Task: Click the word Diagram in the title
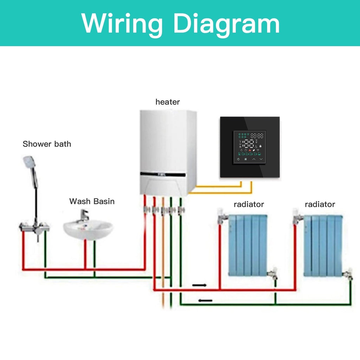pyautogui.click(x=226, y=23)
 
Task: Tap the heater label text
pyautogui.click(x=168, y=102)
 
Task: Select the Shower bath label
pyautogui.click(x=47, y=144)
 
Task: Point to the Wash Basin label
pyautogui.click(x=92, y=201)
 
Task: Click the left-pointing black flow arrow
pyautogui.click(x=205, y=301)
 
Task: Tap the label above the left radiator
pyautogui.click(x=249, y=204)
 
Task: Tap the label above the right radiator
pyautogui.click(x=320, y=204)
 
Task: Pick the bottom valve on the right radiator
pyautogui.click(x=348, y=274)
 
